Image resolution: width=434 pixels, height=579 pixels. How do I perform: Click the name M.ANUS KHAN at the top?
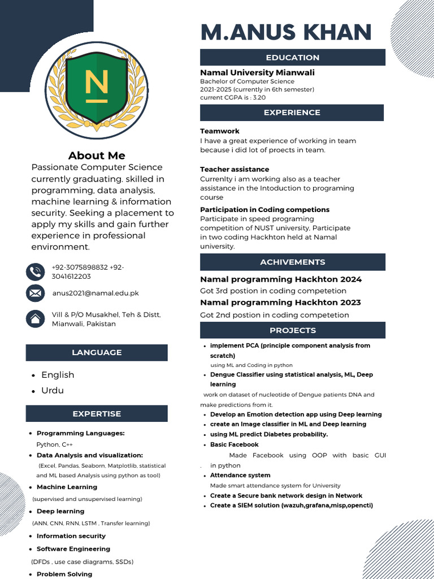pyautogui.click(x=286, y=32)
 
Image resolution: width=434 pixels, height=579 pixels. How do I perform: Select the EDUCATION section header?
pyautogui.click(x=293, y=57)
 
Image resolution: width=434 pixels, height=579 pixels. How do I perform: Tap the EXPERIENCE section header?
pyautogui.click(x=292, y=113)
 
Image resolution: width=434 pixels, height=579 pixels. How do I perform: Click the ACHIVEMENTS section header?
pyautogui.click(x=292, y=262)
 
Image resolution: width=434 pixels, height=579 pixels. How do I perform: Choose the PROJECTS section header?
pyautogui.click(x=292, y=330)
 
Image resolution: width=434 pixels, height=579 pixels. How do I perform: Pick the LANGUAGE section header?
pyautogui.click(x=97, y=352)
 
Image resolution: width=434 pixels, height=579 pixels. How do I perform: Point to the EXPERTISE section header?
pyautogui.click(x=97, y=414)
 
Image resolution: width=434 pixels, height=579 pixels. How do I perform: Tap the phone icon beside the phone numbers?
pyautogui.click(x=35, y=272)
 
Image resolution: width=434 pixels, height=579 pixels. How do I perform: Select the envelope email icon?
pyautogui.click(x=35, y=293)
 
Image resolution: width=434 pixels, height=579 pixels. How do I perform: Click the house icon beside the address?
pyautogui.click(x=35, y=319)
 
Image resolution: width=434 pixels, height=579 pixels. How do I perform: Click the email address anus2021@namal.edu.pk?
pyautogui.click(x=96, y=293)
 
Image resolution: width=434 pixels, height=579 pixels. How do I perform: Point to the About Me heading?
pyautogui.click(x=97, y=155)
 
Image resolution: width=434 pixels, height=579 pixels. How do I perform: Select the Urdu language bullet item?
pyautogui.click(x=53, y=391)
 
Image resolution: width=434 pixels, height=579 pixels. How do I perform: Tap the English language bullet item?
pyautogui.click(x=58, y=375)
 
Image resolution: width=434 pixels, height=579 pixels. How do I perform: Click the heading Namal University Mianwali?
pyautogui.click(x=257, y=72)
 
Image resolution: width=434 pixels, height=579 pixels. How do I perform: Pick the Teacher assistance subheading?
pyautogui.click(x=235, y=169)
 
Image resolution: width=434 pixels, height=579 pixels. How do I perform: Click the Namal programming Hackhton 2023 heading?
pyautogui.click(x=280, y=303)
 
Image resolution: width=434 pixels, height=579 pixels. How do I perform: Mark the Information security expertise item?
pyautogui.click(x=71, y=536)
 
